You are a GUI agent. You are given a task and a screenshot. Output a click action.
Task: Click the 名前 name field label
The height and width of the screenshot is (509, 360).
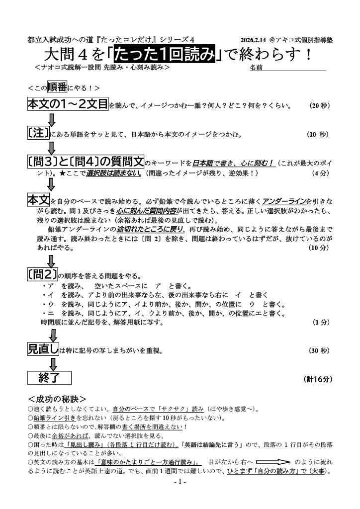click(x=256, y=67)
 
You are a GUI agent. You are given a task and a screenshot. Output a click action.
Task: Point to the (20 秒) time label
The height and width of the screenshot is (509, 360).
click(x=319, y=106)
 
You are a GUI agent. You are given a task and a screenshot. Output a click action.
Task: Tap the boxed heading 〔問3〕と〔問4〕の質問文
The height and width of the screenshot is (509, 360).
click(x=86, y=162)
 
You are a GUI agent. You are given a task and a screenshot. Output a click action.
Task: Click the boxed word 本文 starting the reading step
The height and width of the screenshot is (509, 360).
click(x=38, y=200)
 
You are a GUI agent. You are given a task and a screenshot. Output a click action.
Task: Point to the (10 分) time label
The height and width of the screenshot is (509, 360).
click(x=319, y=248)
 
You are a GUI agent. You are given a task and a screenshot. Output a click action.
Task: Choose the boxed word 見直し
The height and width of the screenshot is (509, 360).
click(x=43, y=349)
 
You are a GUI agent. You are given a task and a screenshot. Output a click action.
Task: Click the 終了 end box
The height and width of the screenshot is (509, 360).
click(x=49, y=378)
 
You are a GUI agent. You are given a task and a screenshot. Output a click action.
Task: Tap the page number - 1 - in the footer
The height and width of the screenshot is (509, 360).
click(x=180, y=483)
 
